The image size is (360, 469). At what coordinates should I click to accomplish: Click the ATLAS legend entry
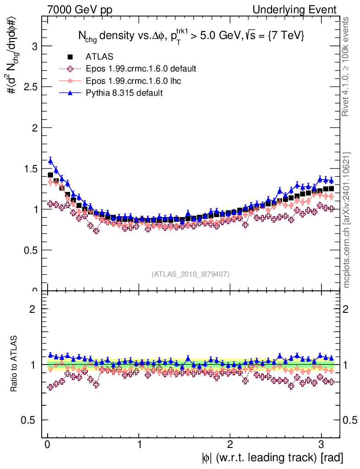pos(99,57)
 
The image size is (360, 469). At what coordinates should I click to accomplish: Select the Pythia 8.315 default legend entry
pos(124,93)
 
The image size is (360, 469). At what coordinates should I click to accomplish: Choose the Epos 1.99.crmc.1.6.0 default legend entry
pos(141,69)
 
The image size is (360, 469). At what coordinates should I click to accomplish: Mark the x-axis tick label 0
pos(48,445)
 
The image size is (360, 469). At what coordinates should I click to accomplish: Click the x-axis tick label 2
pos(230,445)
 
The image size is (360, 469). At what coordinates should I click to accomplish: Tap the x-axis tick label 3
pos(321,445)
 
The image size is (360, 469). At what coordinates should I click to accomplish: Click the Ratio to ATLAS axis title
pos(15,364)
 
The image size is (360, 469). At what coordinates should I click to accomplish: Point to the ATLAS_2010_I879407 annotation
pos(191,274)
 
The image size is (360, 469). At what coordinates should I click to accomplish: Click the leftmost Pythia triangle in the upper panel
pos(50,160)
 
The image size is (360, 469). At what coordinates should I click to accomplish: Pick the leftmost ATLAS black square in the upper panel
pos(50,175)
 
